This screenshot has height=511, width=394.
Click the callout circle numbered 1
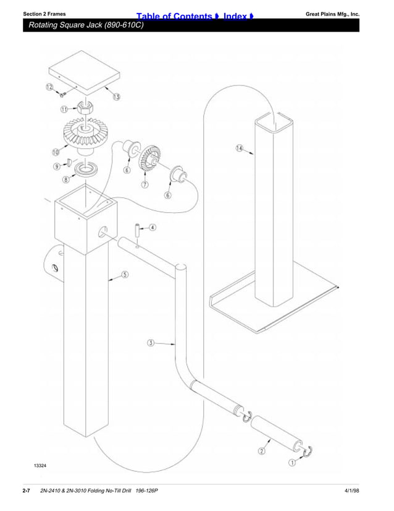coord(292,462)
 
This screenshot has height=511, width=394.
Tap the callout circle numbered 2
coord(262,450)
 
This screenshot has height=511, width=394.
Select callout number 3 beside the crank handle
coord(151,342)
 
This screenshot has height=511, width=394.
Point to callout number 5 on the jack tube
coord(125,274)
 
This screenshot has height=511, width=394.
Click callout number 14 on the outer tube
coord(240,148)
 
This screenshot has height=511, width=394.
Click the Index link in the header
coord(239,15)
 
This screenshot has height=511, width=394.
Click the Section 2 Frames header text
coord(44,13)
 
